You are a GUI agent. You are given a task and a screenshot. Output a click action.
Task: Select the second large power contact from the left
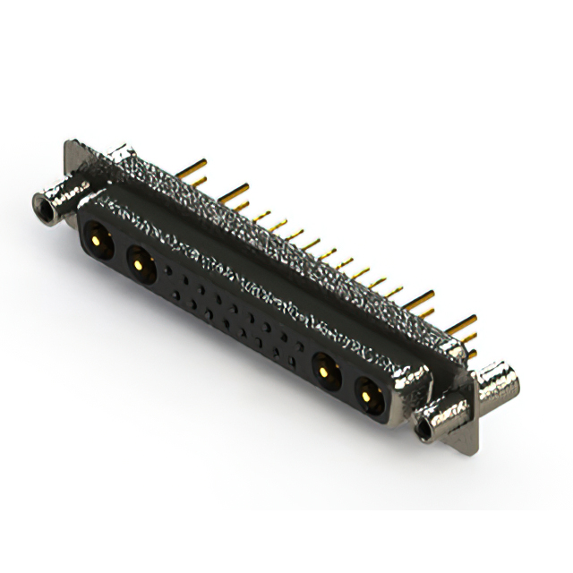coord(139,262)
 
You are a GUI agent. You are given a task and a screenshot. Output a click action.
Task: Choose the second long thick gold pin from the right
coord(421,295)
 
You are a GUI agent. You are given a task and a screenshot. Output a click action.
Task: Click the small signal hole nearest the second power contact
coord(167,269)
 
